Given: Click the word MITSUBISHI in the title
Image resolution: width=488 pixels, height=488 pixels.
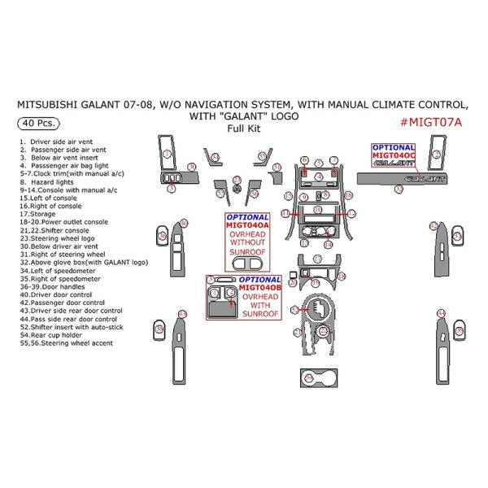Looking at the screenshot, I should [56, 104].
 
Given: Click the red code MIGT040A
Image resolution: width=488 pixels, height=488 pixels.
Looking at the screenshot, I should [249, 225].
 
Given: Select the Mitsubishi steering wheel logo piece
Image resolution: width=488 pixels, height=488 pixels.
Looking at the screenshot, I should [237, 190].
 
